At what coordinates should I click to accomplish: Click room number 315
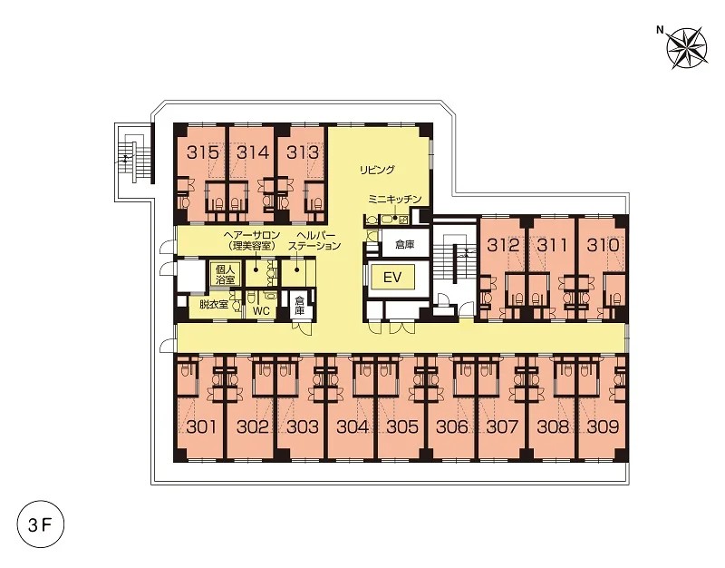point(203,152)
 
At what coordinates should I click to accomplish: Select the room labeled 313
point(303,152)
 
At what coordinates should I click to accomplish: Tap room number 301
point(201,426)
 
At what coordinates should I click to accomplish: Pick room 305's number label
point(402,426)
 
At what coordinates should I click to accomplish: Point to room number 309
point(603,426)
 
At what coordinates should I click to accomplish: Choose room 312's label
point(503,245)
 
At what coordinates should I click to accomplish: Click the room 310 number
point(603,245)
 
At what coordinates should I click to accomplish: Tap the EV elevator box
point(392,278)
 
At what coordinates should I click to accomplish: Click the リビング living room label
point(378,170)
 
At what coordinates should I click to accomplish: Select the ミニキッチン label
point(395,200)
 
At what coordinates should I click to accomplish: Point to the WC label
point(261,311)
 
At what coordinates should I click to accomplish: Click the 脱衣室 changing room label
point(214,305)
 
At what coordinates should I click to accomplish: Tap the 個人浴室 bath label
point(224,274)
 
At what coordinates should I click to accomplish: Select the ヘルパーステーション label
point(314,240)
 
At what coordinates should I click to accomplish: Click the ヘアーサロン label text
point(253,236)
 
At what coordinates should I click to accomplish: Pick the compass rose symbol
point(689,48)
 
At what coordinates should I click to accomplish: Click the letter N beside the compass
point(661,31)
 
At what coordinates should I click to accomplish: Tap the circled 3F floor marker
point(40,525)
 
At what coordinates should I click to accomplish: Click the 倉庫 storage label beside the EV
point(404,244)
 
